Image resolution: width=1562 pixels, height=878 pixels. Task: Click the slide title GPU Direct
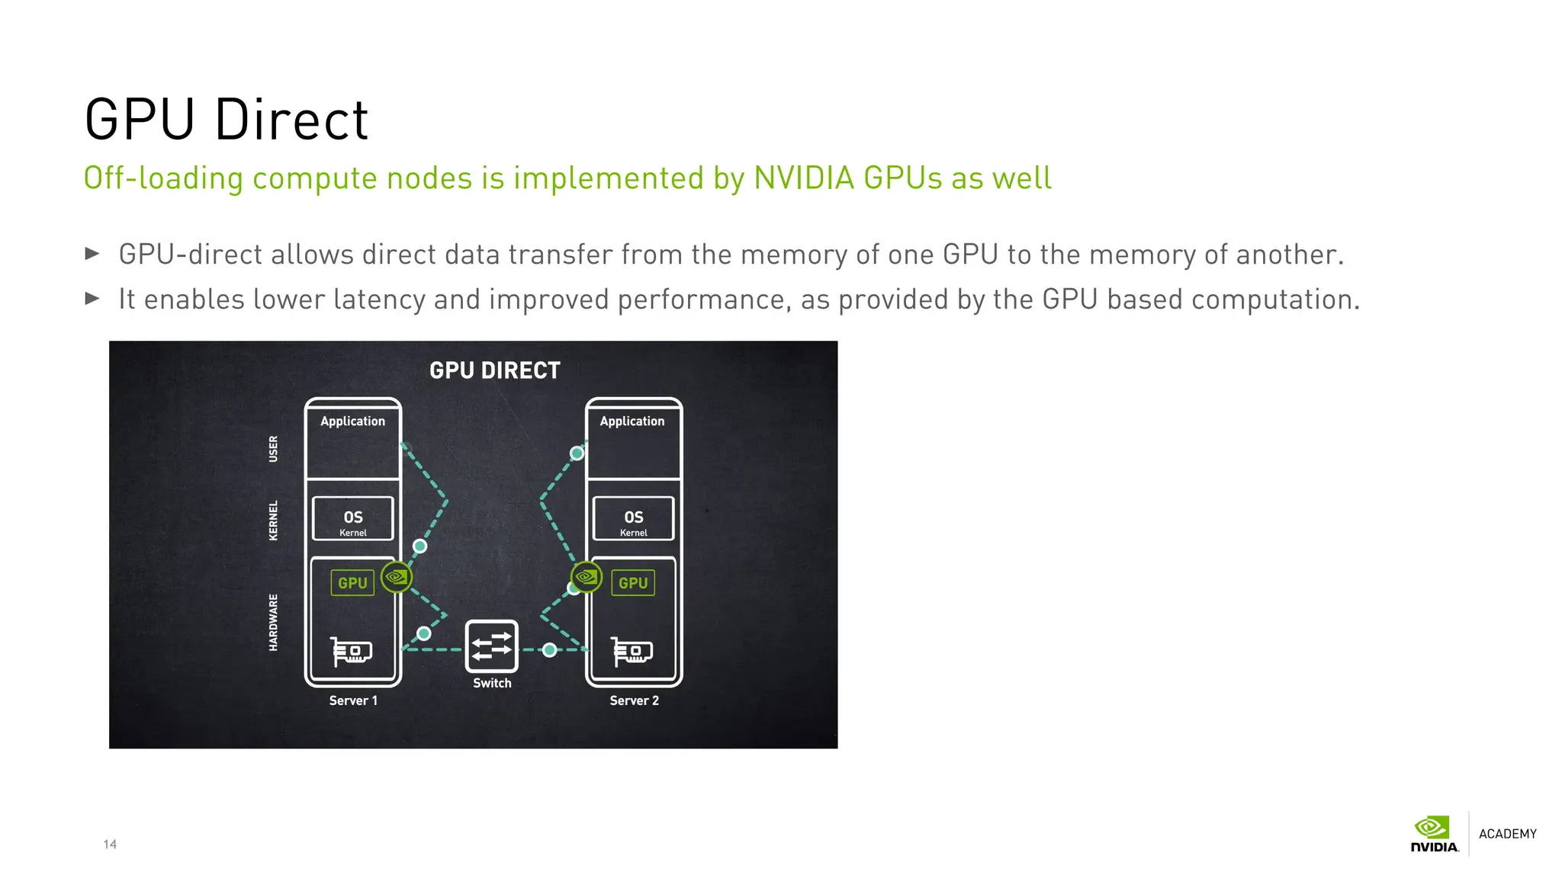click(x=227, y=120)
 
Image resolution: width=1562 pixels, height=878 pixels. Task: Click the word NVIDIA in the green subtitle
click(x=803, y=178)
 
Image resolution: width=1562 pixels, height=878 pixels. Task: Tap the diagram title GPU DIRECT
click(x=494, y=370)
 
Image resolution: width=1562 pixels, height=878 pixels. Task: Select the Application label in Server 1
click(x=352, y=421)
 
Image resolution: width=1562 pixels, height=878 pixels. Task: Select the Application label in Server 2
click(x=632, y=421)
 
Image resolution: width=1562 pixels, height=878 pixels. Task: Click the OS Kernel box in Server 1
click(x=353, y=519)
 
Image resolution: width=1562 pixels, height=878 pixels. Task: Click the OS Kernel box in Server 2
click(x=634, y=519)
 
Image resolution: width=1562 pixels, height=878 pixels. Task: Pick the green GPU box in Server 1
click(x=352, y=583)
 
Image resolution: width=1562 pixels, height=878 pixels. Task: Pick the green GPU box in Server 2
click(x=633, y=583)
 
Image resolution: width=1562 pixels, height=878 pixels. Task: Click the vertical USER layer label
click(x=274, y=449)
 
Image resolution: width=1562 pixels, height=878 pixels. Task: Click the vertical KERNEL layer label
click(x=274, y=521)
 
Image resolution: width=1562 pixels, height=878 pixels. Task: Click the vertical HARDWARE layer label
click(x=274, y=623)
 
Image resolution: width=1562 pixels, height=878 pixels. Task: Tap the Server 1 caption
click(x=353, y=700)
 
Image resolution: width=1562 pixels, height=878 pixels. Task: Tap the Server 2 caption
click(x=634, y=700)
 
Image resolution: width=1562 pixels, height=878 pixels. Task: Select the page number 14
click(x=110, y=844)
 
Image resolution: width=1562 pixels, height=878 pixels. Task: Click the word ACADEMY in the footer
click(x=1507, y=834)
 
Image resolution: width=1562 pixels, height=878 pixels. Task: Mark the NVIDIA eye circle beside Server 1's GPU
click(x=397, y=577)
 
